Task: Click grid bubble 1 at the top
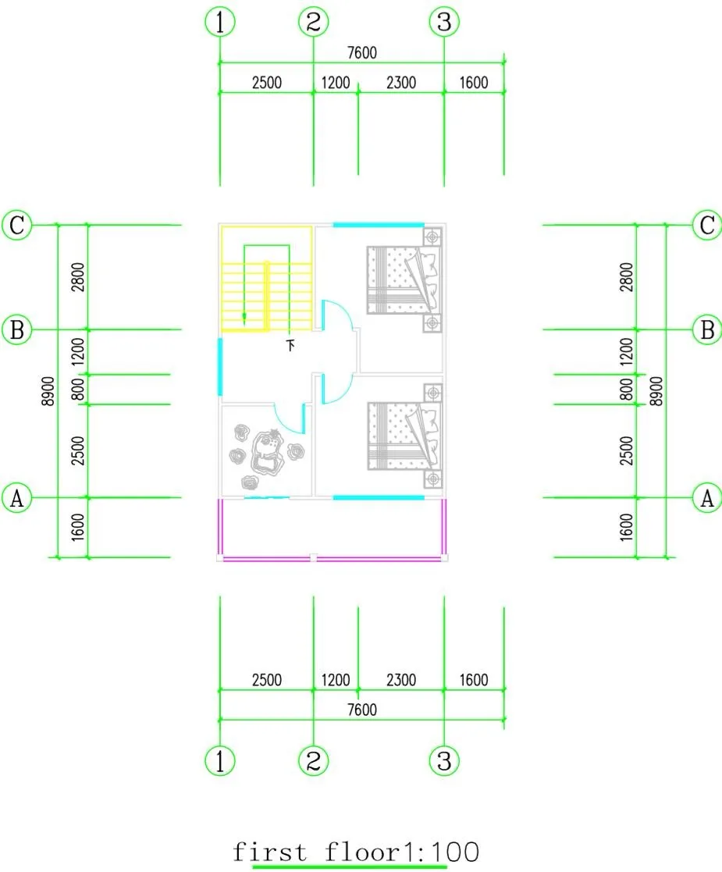coord(220,23)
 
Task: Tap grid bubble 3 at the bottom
coord(444,760)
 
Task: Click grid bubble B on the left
coord(16,329)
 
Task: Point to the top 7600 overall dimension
coord(361,53)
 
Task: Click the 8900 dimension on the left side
coord(48,390)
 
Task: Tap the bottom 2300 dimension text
coord(400,680)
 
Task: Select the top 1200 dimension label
coord(336,83)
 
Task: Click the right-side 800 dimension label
coord(626,390)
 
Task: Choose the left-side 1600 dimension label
coord(76,528)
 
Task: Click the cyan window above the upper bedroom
coord(379,225)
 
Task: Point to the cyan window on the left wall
coord(220,366)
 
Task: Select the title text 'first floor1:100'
coord(355,852)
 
